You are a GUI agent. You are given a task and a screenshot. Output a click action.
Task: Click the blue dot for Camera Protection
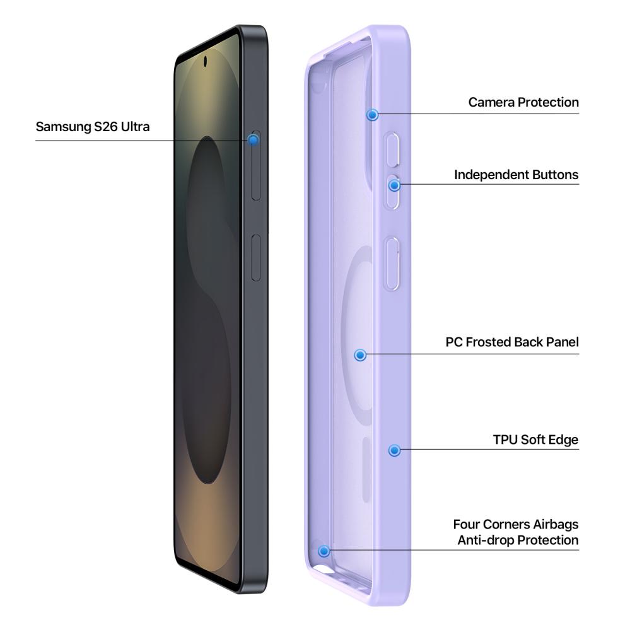coord(373,115)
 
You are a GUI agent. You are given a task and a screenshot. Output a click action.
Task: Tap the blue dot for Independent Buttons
coord(395,185)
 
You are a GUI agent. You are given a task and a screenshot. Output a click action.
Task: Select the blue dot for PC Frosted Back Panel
coord(360,355)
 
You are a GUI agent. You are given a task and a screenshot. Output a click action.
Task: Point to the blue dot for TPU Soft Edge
coord(395,450)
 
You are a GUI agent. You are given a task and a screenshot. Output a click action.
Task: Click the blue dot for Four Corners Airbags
coord(324,551)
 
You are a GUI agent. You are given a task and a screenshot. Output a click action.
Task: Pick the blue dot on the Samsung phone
coord(253,140)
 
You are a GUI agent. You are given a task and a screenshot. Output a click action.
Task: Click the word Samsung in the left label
coord(64,127)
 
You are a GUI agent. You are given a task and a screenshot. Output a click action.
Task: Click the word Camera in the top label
coord(491,102)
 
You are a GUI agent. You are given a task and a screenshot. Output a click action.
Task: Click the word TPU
coord(505,440)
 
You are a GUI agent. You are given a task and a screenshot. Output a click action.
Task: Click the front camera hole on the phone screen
coord(206,61)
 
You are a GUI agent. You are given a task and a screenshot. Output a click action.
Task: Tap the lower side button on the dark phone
coord(256,258)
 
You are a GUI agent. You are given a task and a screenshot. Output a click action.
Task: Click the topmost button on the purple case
coord(392,149)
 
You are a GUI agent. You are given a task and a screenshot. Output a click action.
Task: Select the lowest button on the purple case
coord(392,264)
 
